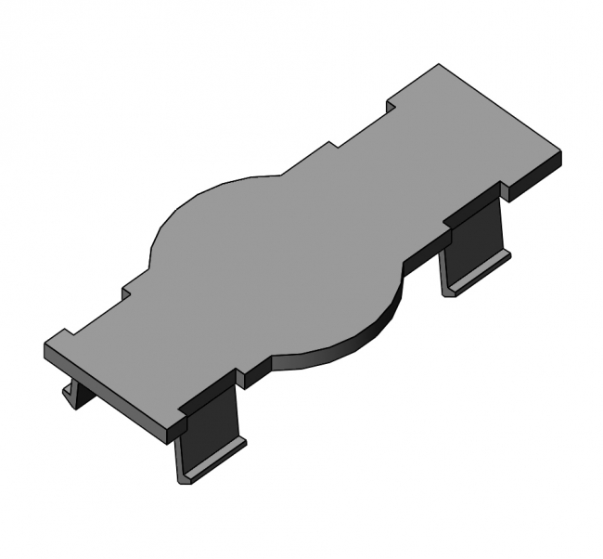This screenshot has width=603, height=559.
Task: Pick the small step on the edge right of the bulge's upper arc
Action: click(329, 147)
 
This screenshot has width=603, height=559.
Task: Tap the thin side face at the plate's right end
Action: click(533, 176)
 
